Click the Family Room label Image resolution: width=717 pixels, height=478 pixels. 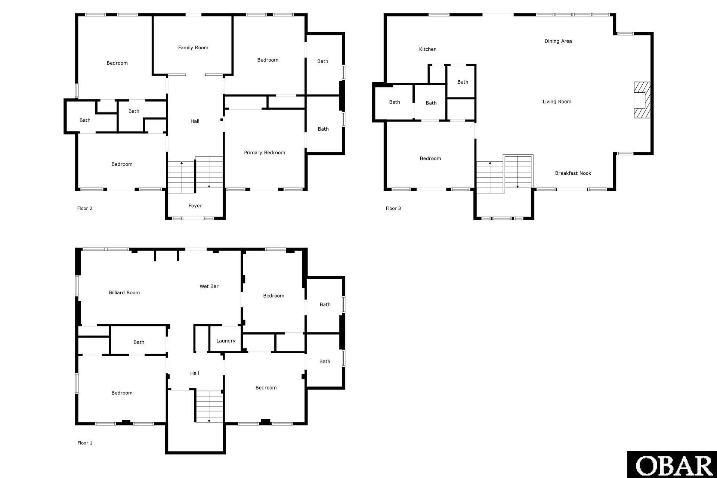(x=193, y=47)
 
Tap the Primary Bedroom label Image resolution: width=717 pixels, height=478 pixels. (x=265, y=152)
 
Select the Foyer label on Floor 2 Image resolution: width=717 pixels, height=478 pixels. (x=195, y=206)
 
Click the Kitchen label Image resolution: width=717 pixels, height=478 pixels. (x=428, y=49)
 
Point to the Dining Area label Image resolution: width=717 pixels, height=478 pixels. (x=558, y=41)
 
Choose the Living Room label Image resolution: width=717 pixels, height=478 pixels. (x=557, y=102)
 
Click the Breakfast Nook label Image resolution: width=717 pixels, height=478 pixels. (x=573, y=173)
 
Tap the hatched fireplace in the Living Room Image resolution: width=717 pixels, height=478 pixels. (x=642, y=100)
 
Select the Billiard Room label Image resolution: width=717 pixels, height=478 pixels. (x=124, y=292)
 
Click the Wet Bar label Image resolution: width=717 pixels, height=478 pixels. (x=209, y=286)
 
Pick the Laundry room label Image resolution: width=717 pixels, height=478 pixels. (x=226, y=341)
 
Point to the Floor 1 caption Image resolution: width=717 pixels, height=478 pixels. (x=85, y=443)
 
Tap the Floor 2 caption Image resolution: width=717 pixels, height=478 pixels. (x=85, y=208)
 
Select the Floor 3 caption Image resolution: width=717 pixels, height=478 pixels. (x=393, y=208)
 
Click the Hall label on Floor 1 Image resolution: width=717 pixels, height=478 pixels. (x=195, y=373)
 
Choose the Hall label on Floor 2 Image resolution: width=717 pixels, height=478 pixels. (x=195, y=121)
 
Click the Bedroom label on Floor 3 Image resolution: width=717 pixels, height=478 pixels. (x=430, y=158)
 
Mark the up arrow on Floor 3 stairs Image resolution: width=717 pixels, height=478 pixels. (x=490, y=177)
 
